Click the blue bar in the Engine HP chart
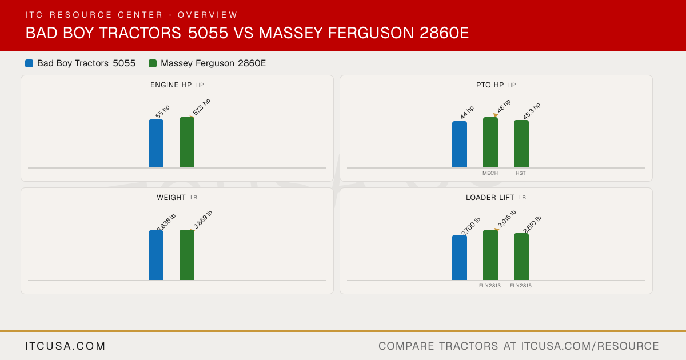point(156,143)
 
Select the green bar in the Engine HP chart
point(187,142)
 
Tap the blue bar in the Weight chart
point(156,255)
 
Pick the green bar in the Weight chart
point(187,255)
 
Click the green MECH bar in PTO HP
point(490,142)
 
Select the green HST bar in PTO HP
point(521,144)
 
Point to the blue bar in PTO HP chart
point(460,145)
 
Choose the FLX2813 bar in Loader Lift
point(490,255)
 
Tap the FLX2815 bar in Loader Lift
point(521,257)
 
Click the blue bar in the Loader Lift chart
point(460,258)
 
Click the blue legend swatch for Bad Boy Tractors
point(29,63)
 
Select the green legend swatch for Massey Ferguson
point(153,63)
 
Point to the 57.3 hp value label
point(201,107)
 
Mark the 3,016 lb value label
point(507,219)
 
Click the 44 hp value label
point(467,113)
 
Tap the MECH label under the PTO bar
point(490,173)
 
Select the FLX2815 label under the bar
point(521,286)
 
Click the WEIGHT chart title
point(171,198)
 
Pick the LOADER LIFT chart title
point(490,198)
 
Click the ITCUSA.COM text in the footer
point(65,346)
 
